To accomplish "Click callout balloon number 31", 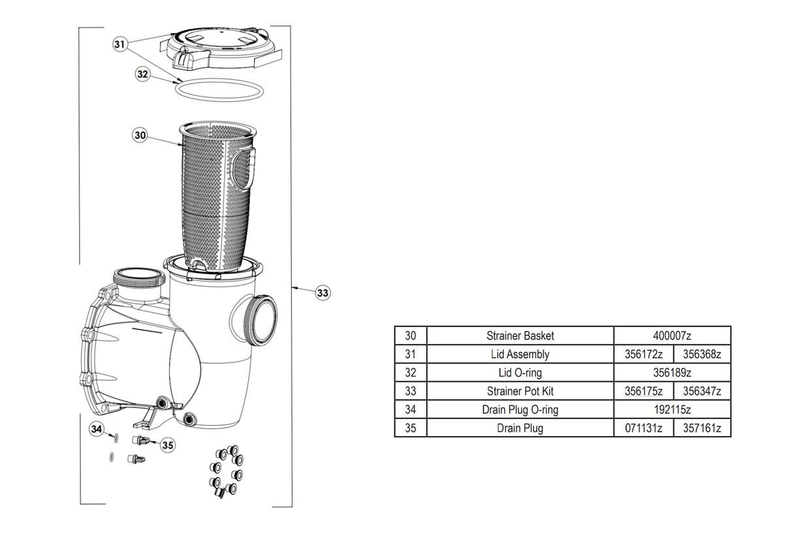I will [119, 44].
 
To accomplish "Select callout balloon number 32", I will [143, 74].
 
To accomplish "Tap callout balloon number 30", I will [140, 135].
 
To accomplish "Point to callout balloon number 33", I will [323, 293].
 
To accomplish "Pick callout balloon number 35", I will [168, 445].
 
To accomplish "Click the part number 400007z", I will [672, 336].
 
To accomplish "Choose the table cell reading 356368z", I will [702, 355].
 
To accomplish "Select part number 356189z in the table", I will [672, 373].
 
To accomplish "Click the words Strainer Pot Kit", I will [520, 391].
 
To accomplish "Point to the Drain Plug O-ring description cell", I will [520, 410].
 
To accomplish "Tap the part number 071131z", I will [643, 428].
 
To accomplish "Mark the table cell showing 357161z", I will [702, 428].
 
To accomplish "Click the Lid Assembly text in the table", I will [520, 355].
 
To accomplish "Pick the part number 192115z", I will [672, 410].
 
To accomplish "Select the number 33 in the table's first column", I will [410, 391].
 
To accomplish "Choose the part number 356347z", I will [702, 391].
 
